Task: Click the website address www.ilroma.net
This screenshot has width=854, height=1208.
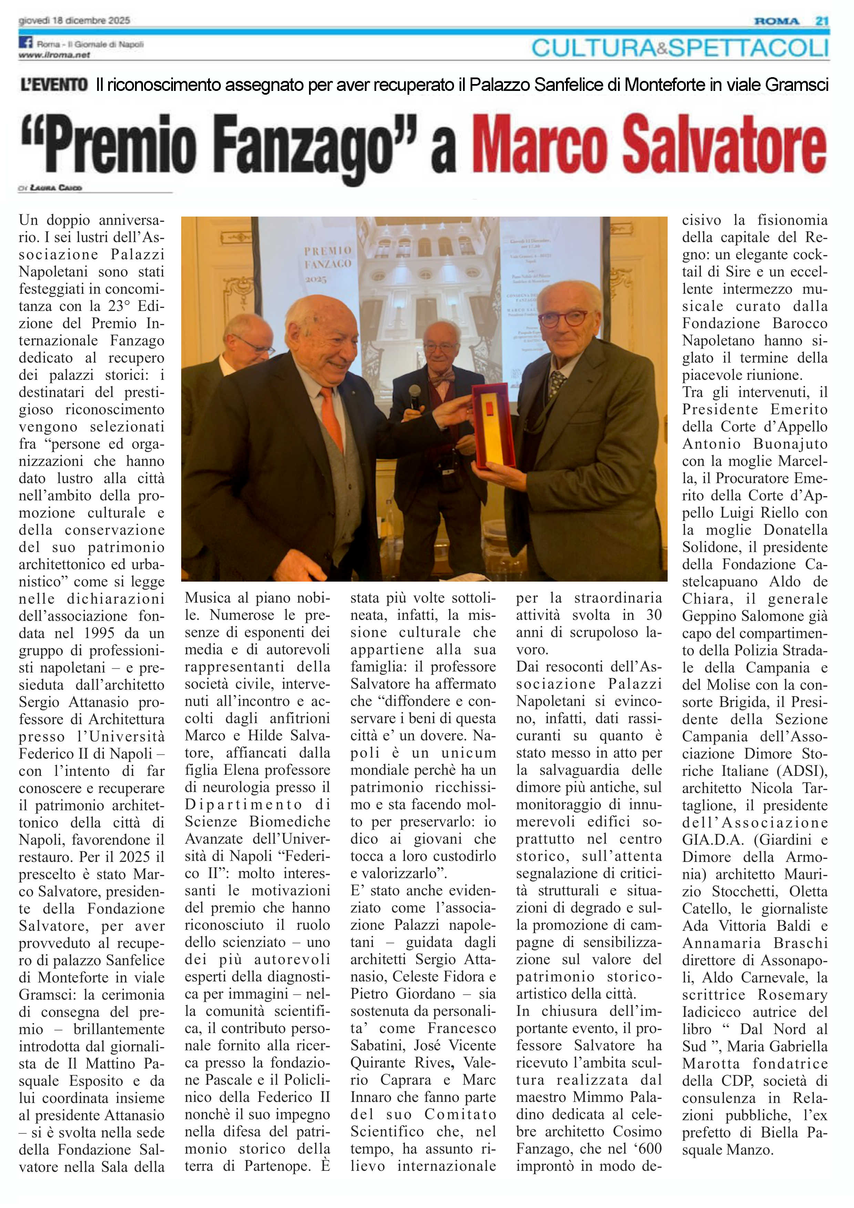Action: coord(54,55)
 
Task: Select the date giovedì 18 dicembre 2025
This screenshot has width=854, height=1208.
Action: coord(74,21)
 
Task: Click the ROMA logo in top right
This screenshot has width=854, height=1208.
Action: coord(776,21)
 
